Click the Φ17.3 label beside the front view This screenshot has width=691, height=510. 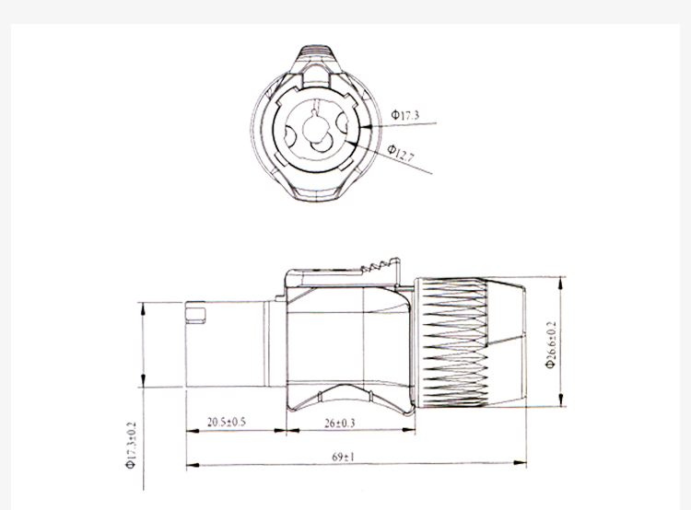405,115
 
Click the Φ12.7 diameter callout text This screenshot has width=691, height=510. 401,153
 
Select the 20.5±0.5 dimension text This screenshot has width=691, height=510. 227,422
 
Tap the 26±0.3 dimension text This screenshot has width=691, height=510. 339,423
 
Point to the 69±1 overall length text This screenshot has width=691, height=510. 343,457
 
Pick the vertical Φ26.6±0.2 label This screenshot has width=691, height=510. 551,345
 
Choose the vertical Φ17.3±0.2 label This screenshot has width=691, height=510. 132,446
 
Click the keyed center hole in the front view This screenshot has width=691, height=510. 316,128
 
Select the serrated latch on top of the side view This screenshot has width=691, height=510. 381,266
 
